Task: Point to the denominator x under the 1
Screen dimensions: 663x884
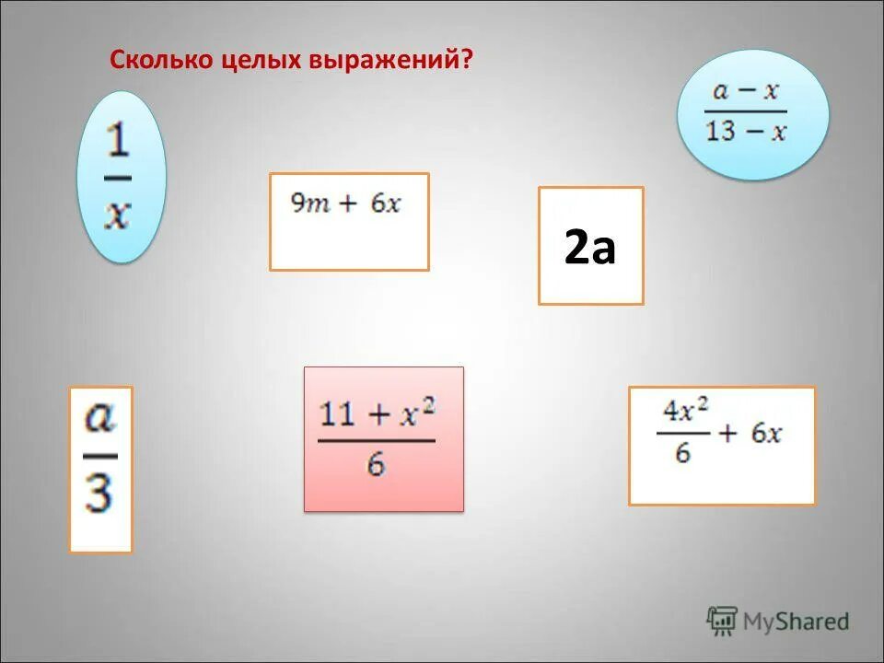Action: coord(118,215)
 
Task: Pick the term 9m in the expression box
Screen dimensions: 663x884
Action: coord(310,204)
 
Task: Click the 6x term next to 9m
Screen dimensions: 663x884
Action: coord(386,204)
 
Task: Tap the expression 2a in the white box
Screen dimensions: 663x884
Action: coord(590,247)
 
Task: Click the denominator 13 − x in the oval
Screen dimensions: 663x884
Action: coord(746,132)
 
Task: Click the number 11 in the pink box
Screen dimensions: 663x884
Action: coord(338,413)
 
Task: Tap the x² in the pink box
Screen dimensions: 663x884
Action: coord(415,412)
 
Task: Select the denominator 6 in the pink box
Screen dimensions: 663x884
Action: coord(376,465)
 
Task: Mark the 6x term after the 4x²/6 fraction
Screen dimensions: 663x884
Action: coord(766,433)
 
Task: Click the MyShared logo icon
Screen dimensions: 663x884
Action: coord(722,622)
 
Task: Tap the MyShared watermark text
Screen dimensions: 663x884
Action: coord(797,622)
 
